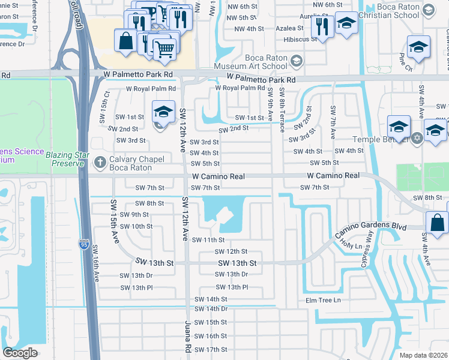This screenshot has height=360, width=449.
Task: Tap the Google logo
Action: click(x=20, y=353)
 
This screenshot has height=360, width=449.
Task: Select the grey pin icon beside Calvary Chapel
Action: click(x=100, y=161)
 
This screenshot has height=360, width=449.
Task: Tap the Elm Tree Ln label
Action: click(x=323, y=300)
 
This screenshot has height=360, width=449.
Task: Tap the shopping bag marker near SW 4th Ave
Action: click(x=437, y=222)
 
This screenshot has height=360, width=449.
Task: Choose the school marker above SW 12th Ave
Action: click(x=163, y=112)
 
